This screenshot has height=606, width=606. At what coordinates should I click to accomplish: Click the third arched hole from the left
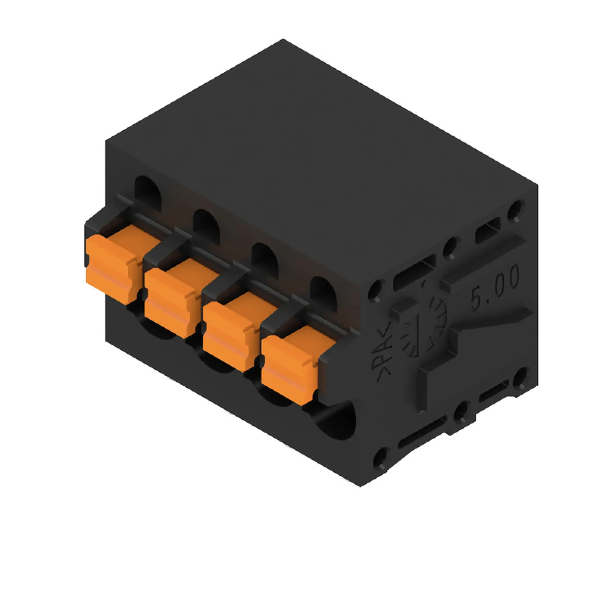265,260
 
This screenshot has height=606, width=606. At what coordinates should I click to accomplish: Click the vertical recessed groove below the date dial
422,389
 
